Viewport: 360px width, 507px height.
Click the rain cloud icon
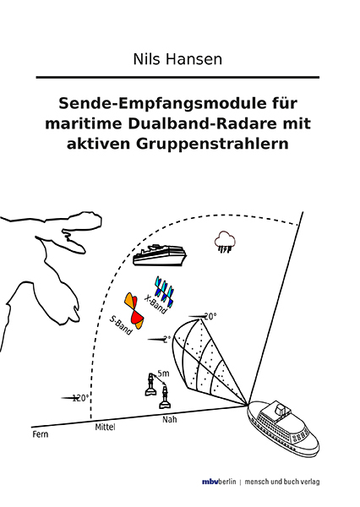[225, 242]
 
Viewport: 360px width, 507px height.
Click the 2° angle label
[166, 339]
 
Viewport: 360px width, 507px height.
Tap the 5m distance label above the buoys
[163, 373]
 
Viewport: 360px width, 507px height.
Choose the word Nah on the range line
[169, 417]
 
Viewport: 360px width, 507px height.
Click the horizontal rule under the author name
[179, 78]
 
